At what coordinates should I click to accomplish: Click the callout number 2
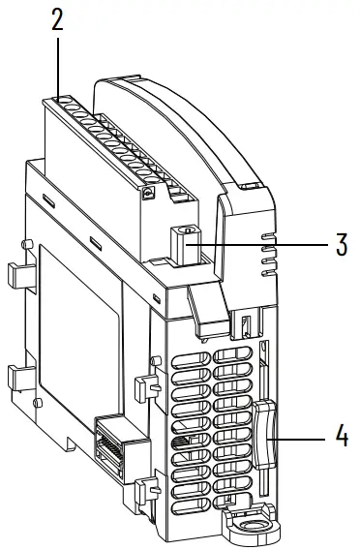[58, 22]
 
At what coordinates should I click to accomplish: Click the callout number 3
[342, 243]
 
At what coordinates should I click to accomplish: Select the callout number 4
[342, 437]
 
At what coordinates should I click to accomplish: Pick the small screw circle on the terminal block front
[147, 194]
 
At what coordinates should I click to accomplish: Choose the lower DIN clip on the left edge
[19, 380]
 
